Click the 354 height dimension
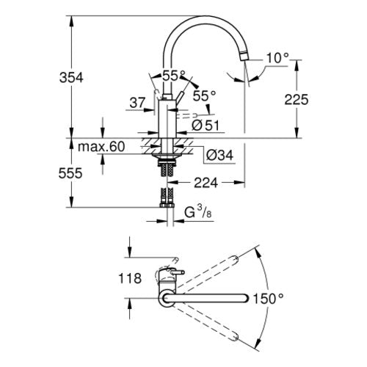(x=71, y=78)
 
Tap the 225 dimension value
(x=297, y=100)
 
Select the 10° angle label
(x=277, y=59)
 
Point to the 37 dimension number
(x=137, y=103)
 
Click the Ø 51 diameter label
(x=206, y=126)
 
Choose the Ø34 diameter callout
(x=219, y=155)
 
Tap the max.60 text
(x=101, y=147)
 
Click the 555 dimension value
(x=70, y=173)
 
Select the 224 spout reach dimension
(x=206, y=183)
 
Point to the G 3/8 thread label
(x=198, y=212)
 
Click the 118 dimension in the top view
(x=130, y=278)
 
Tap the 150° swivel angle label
(x=268, y=299)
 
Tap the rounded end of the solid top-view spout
(x=245, y=298)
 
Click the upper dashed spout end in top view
(x=235, y=259)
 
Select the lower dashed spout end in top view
(x=235, y=337)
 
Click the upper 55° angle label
(x=174, y=76)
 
